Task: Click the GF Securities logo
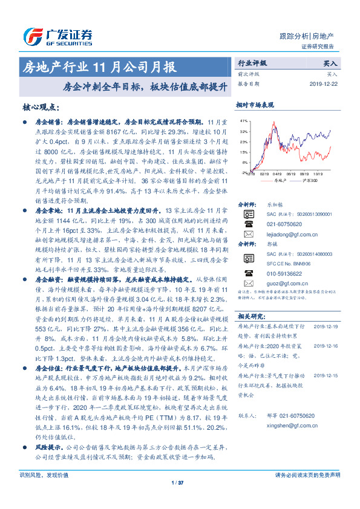pos(57,36)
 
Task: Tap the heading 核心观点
pos(40,107)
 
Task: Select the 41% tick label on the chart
pos(244,122)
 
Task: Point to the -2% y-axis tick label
pos(244,172)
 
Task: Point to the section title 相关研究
pos(250,316)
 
